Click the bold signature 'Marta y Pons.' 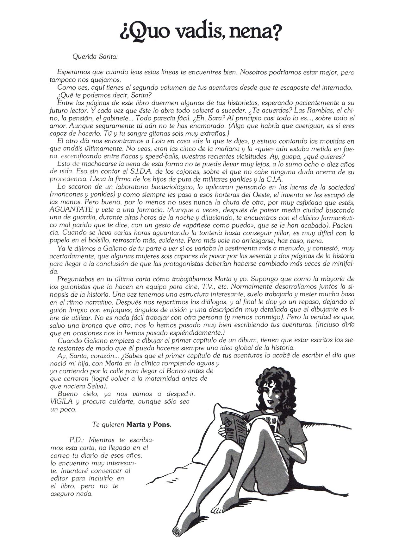tap(149, 424)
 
